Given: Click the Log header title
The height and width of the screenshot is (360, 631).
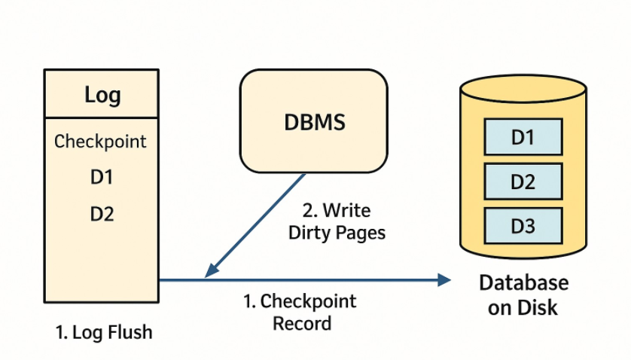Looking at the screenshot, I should pyautogui.click(x=102, y=95).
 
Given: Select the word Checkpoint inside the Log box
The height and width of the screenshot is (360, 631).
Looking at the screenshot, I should pyautogui.click(x=101, y=142).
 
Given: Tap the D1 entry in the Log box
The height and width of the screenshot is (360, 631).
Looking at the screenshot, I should pyautogui.click(x=102, y=178).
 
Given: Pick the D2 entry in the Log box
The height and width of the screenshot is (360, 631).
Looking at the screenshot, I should pyautogui.click(x=102, y=214).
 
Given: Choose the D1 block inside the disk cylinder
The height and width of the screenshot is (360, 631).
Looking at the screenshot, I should pyautogui.click(x=523, y=137).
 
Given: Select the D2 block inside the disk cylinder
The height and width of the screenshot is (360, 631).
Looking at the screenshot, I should pyautogui.click(x=523, y=182).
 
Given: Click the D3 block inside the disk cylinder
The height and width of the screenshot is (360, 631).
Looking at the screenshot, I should pyautogui.click(x=523, y=225).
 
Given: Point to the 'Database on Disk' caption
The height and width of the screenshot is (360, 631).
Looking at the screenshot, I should pyautogui.click(x=524, y=294).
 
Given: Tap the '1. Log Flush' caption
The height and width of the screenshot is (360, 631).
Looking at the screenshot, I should pyautogui.click(x=104, y=332).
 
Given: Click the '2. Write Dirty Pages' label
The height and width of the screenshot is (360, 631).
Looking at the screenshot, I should pyautogui.click(x=337, y=221).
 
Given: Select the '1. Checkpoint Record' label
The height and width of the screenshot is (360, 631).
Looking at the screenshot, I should pyautogui.click(x=300, y=313).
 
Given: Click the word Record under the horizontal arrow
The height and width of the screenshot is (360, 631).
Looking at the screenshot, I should pyautogui.click(x=301, y=324).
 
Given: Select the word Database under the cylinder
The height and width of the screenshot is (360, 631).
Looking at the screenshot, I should pyautogui.click(x=524, y=283).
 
